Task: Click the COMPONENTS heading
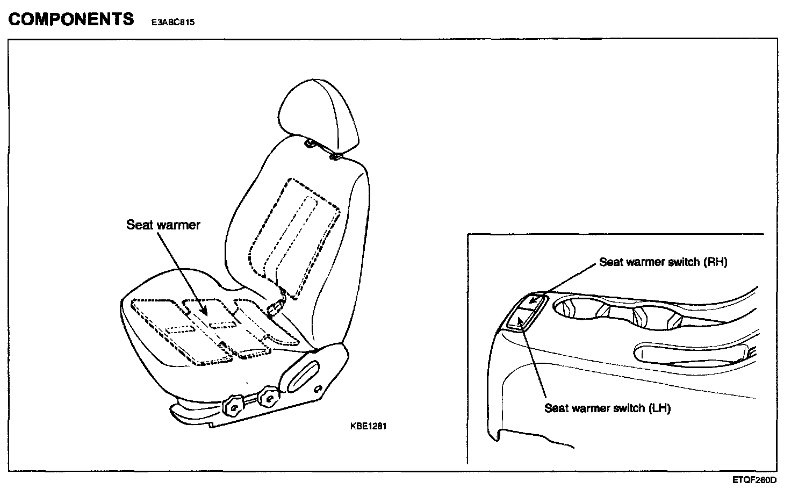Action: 71,19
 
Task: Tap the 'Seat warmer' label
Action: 163,225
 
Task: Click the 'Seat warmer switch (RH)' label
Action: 663,262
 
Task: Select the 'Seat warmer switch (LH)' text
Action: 607,408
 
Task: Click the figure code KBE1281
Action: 368,426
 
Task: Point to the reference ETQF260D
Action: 754,480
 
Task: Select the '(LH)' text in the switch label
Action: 659,408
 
